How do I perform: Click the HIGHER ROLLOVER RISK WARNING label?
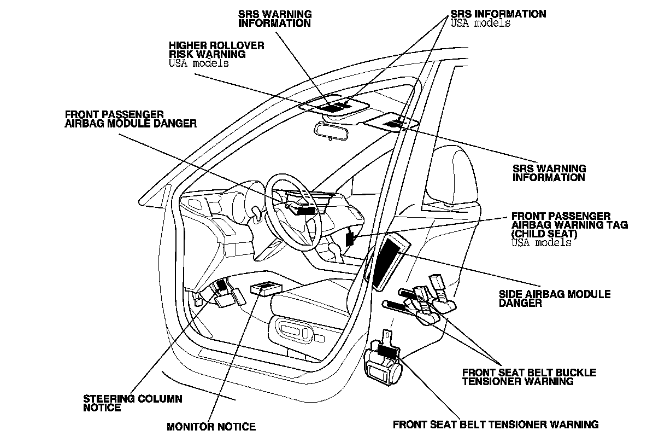[216, 50]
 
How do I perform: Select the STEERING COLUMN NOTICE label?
[132, 403]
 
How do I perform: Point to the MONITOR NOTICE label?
[211, 426]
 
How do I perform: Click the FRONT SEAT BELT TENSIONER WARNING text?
[496, 424]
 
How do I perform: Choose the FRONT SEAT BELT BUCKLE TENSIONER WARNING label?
[529, 377]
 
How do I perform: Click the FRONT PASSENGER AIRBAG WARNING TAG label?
[561, 220]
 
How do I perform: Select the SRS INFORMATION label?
[498, 14]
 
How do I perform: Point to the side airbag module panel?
[391, 261]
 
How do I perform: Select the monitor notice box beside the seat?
[266, 288]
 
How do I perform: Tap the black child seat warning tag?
[350, 238]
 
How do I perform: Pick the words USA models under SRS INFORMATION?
[480, 24]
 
